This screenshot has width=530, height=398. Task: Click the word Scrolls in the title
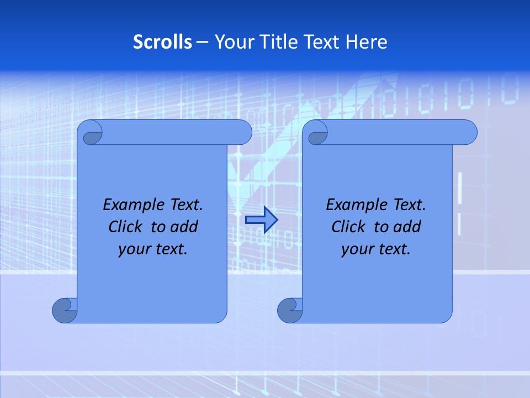163,41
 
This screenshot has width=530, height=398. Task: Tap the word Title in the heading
279,41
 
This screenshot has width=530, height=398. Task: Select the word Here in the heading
367,41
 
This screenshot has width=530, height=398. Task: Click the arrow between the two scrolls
261,219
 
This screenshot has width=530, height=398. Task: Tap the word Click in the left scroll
125,227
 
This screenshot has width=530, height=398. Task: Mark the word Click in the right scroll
348,227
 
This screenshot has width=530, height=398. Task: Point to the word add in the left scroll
184,227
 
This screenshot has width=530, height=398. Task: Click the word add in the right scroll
407,227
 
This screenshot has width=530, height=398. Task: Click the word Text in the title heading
322,41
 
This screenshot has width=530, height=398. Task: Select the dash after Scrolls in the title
203,42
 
